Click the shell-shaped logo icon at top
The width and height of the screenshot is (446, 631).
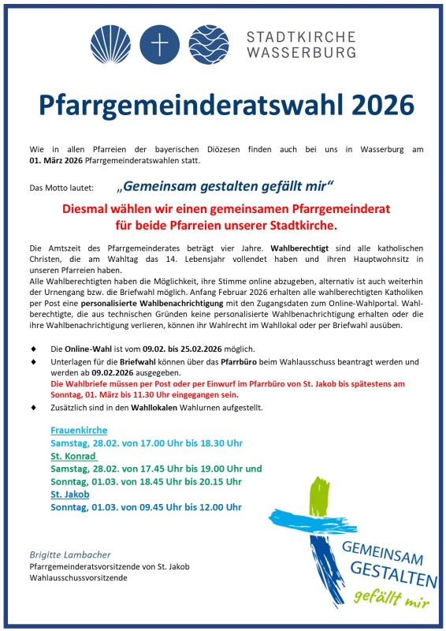tap(110, 44)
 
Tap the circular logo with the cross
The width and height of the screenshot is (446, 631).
tap(159, 44)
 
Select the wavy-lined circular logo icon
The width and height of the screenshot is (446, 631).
tap(208, 44)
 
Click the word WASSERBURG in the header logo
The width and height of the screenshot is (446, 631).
tap(300, 52)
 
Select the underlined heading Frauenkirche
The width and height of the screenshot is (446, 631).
tap(79, 431)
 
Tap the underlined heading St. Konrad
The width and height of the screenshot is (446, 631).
tap(72, 456)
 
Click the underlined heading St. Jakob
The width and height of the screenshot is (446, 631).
tap(69, 494)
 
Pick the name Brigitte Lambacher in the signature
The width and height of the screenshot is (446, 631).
tap(70, 554)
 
